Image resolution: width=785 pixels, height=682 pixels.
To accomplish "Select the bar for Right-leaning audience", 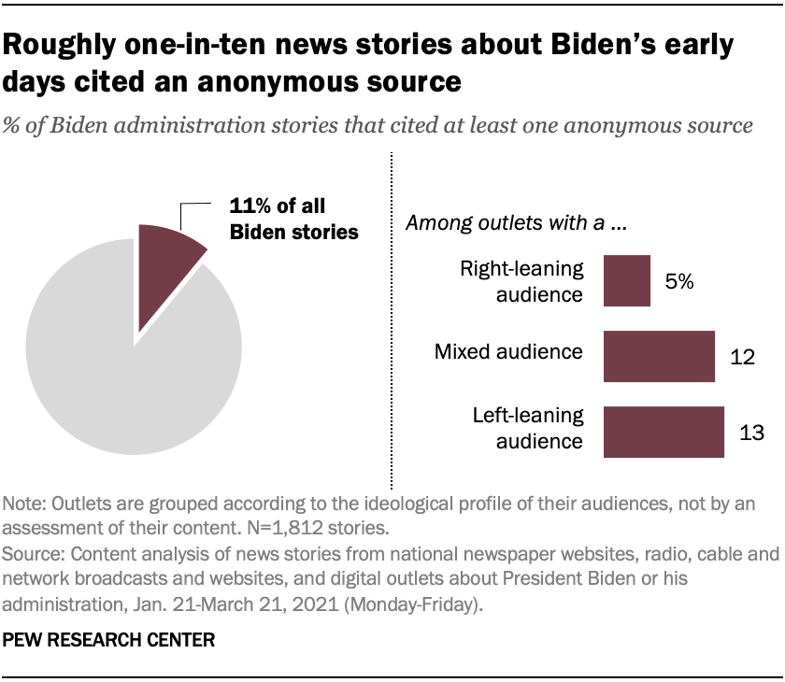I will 626,280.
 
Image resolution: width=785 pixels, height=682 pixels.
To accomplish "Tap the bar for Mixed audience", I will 659,356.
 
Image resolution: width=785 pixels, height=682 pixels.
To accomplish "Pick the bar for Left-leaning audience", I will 664,432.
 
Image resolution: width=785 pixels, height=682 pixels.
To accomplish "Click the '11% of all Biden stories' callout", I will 294,220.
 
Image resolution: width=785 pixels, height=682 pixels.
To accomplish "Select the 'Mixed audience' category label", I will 509,352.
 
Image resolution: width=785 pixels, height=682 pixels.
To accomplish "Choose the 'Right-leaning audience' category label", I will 521,281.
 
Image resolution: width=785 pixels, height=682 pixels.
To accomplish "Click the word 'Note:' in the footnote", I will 25,504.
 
